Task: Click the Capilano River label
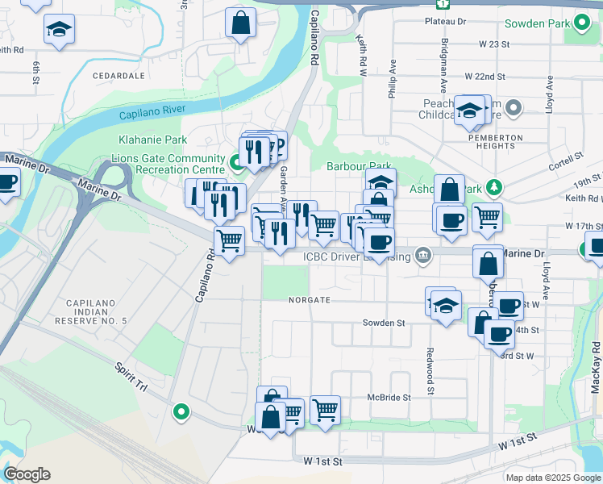[150, 112]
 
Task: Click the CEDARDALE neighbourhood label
[118, 75]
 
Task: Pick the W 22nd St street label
[484, 77]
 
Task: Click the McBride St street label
[389, 398]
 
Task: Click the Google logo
[27, 474]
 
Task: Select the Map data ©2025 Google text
[552, 478]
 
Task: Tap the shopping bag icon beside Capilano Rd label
[240, 22]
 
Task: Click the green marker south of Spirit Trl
[181, 413]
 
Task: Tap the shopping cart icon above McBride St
[325, 409]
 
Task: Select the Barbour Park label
[359, 166]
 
